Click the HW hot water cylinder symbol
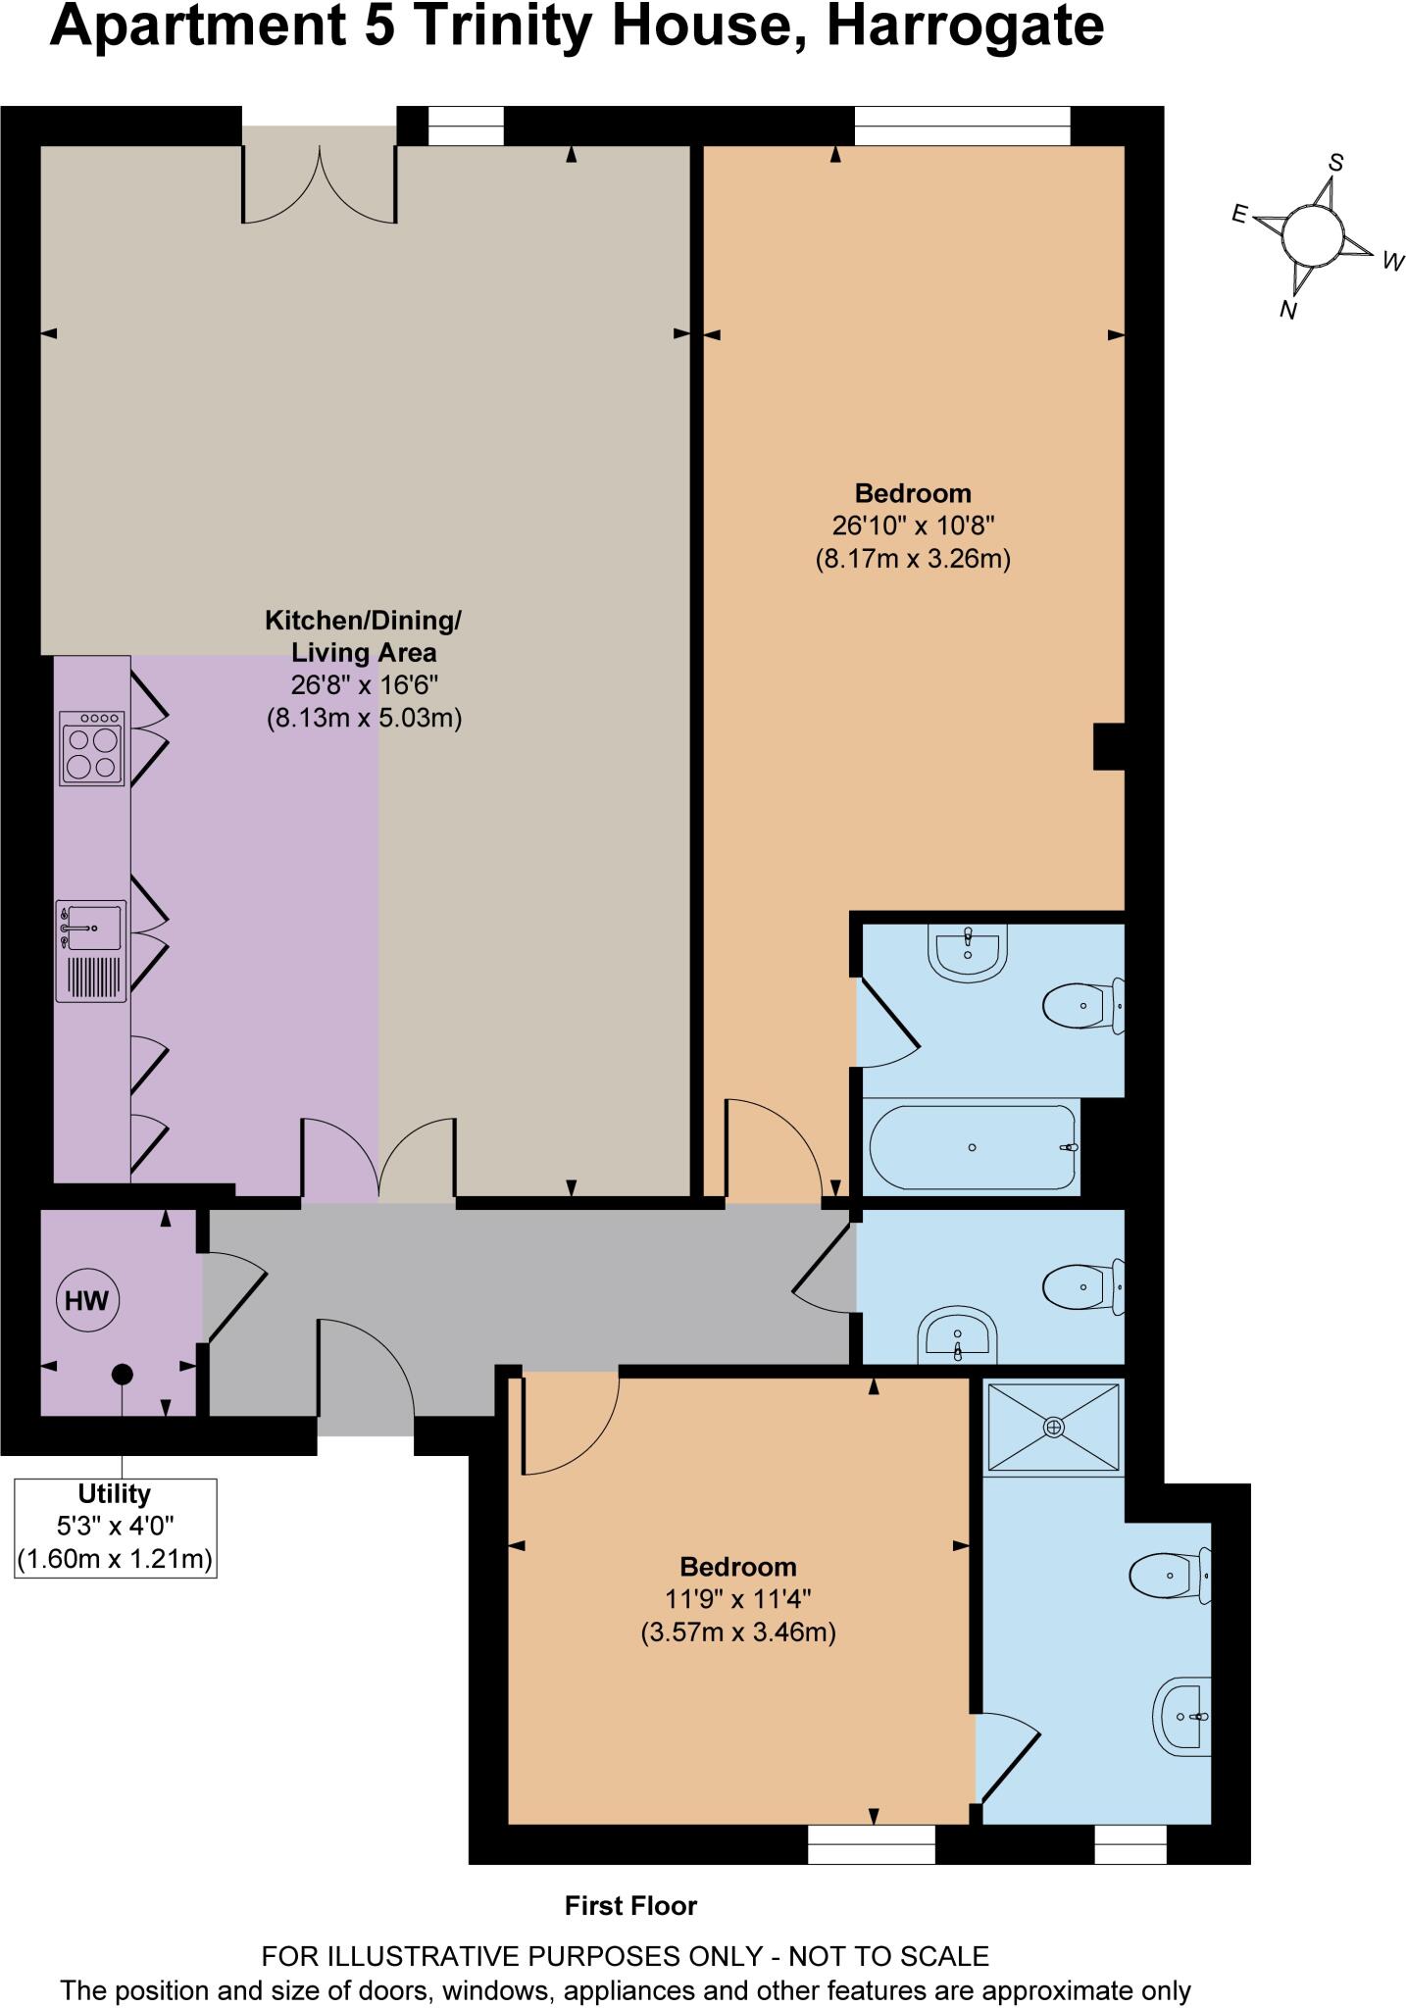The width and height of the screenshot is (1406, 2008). click(x=86, y=1301)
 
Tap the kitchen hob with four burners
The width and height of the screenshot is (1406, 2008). click(x=93, y=748)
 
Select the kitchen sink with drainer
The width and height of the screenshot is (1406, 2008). click(x=91, y=950)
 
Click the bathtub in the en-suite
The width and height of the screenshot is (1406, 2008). click(x=972, y=1146)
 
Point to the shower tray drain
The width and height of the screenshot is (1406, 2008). click(x=1054, y=1428)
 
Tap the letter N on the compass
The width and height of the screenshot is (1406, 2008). click(x=1289, y=311)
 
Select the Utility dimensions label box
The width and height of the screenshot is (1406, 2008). click(x=116, y=1528)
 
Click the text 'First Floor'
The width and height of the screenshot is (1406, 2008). click(x=630, y=1906)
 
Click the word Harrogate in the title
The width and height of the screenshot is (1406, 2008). click(x=965, y=26)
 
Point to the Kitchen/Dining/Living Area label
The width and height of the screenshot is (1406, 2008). click(x=364, y=636)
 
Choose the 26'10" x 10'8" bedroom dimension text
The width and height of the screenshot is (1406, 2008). click(x=913, y=526)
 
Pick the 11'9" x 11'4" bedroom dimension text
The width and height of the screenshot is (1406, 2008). click(x=738, y=1599)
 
